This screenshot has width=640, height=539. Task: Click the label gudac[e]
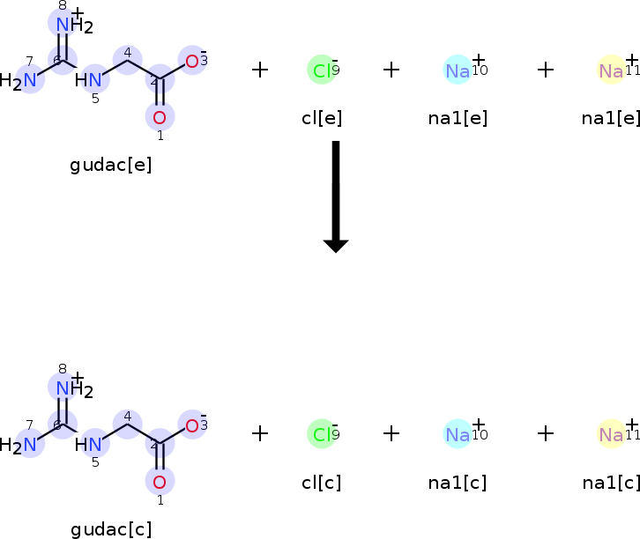coord(110,166)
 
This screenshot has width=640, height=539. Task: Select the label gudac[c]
coord(111,529)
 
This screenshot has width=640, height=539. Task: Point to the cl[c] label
coord(322,483)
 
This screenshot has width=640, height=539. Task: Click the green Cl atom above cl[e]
coord(321,70)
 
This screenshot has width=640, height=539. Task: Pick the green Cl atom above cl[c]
coord(321,434)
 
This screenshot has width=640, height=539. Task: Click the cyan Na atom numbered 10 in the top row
coord(458,70)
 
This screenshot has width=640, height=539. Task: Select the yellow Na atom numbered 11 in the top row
coord(611,70)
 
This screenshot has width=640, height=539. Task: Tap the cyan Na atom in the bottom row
coord(458,434)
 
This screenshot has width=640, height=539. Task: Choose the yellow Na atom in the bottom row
coord(611,434)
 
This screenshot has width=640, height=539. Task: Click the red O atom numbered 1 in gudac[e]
coord(160,117)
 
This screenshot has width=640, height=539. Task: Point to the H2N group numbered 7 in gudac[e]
coord(25,81)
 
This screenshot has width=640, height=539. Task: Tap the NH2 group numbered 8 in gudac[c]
coord(67,388)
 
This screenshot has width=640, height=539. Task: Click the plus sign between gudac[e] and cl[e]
coord(260,70)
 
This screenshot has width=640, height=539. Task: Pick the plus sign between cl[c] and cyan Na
coord(391,433)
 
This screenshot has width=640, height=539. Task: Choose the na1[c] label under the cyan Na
coord(458,483)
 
